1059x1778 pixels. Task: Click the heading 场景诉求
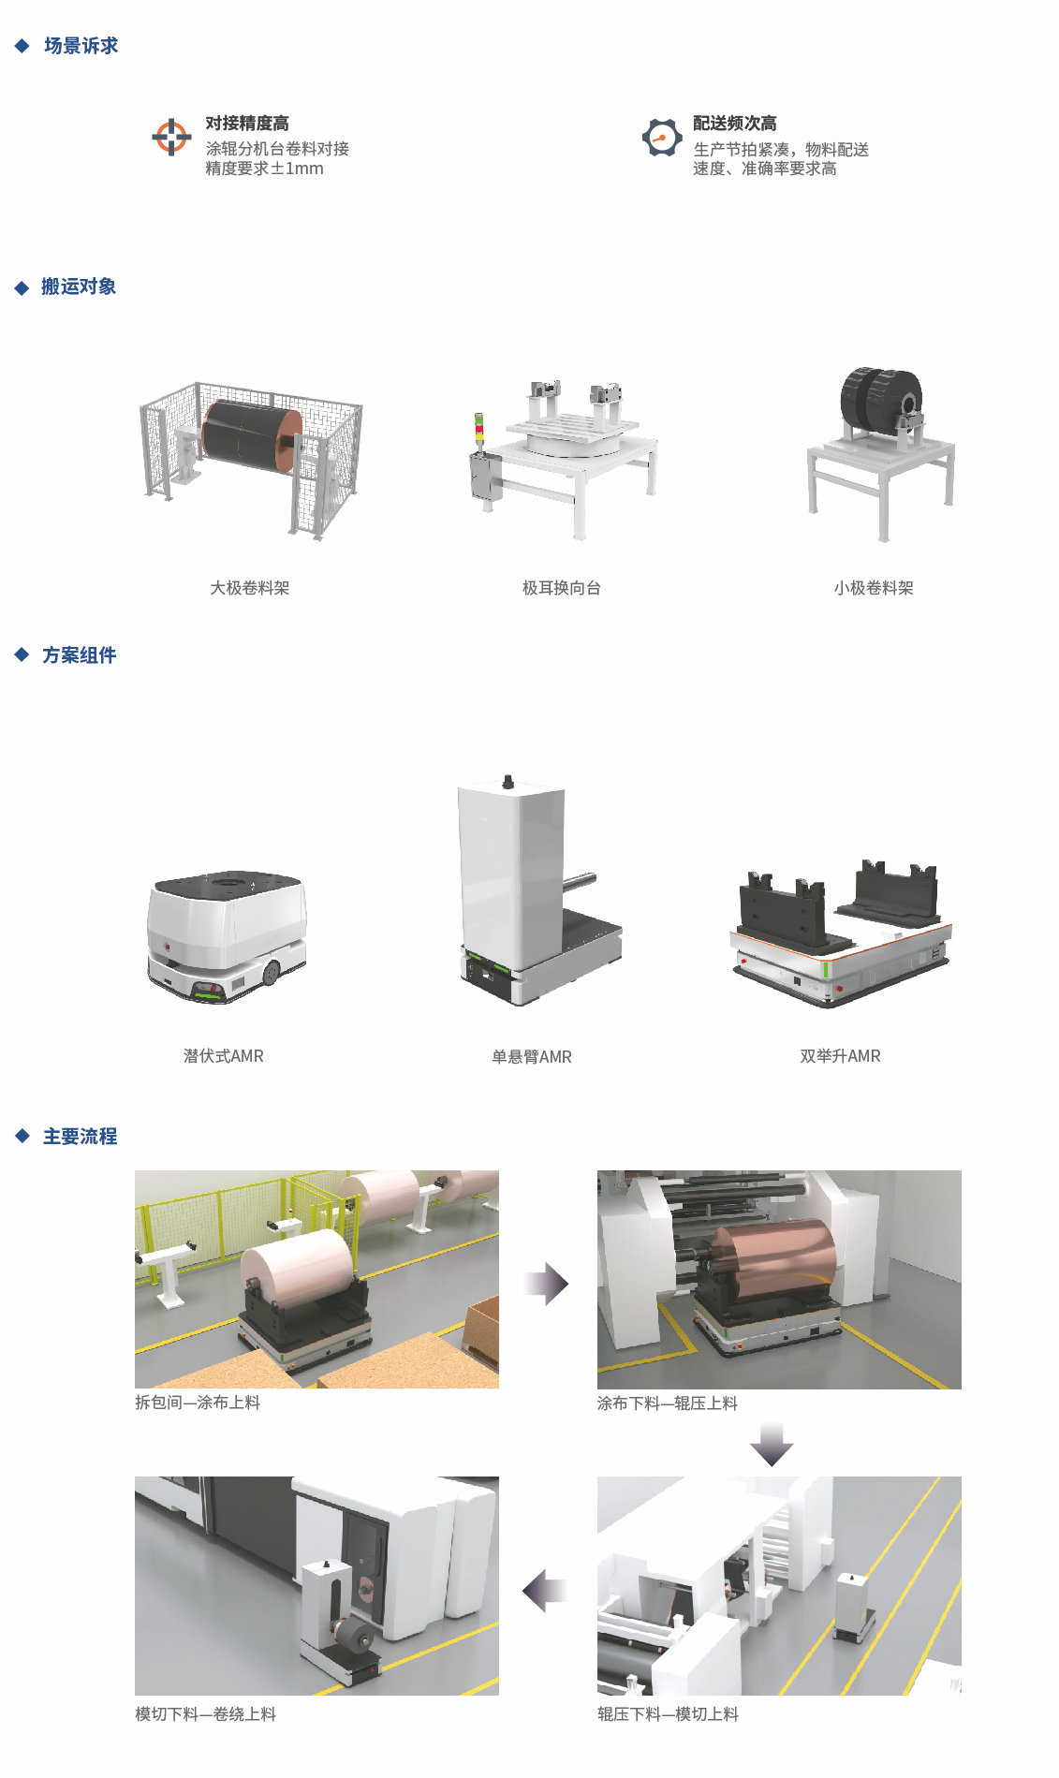(x=81, y=46)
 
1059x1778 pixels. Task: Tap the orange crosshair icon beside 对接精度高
(x=171, y=137)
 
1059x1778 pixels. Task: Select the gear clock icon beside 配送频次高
(x=661, y=138)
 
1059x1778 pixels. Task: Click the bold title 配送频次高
(x=735, y=124)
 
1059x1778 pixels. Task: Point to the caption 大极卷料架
(x=250, y=588)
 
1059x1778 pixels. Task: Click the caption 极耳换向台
(x=562, y=588)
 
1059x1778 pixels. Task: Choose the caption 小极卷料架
(x=874, y=588)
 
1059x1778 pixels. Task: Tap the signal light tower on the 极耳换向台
(x=480, y=433)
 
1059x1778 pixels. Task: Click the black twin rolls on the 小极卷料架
(x=880, y=397)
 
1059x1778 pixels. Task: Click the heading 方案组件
(x=80, y=655)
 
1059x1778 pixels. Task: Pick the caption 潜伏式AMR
(x=224, y=1056)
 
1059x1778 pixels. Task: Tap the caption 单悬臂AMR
(x=532, y=1057)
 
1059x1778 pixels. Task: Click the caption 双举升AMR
(x=841, y=1056)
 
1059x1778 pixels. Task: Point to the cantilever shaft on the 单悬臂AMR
(x=581, y=881)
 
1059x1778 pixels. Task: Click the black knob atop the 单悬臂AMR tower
(x=508, y=781)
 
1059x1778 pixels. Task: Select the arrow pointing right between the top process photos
(x=547, y=1284)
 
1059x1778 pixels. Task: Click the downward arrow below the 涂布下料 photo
(x=772, y=1444)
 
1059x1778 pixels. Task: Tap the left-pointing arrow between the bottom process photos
(x=545, y=1590)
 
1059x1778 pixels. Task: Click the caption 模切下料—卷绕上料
(x=206, y=1714)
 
